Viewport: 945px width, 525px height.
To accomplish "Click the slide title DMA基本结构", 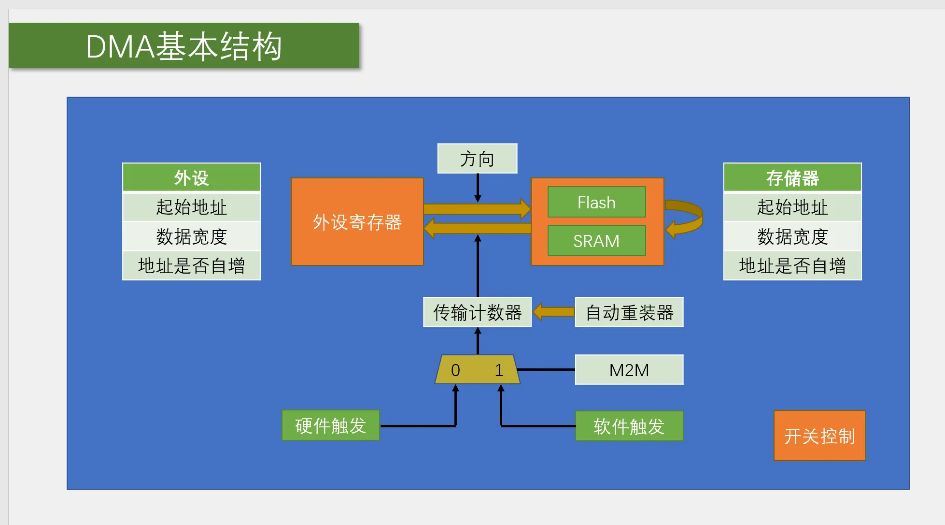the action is (x=183, y=46).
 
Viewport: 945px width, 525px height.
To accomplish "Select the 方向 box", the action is (x=477, y=159).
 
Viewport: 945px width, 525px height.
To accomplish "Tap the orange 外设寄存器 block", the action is (x=357, y=222).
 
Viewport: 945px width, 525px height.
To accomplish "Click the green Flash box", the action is (x=596, y=202).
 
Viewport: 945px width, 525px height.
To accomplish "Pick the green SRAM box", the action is (x=596, y=241).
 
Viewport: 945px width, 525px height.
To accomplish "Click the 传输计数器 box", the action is (x=477, y=312).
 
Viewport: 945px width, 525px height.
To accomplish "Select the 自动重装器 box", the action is (x=629, y=312).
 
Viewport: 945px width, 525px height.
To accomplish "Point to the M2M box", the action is (x=629, y=370).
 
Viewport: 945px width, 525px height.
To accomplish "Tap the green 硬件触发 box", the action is (x=331, y=425).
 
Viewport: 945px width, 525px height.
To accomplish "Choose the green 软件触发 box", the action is (x=629, y=426).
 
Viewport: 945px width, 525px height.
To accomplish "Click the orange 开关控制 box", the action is (x=819, y=436).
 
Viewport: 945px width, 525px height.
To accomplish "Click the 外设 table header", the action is (x=191, y=177).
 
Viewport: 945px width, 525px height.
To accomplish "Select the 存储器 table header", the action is (x=792, y=177).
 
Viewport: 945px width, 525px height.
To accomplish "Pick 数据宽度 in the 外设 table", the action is (x=191, y=236).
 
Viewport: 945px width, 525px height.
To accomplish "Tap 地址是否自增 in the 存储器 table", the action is (x=792, y=266).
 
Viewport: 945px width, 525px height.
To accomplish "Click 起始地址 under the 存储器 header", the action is (x=792, y=207).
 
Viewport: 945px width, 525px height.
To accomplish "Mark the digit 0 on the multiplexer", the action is (x=455, y=370).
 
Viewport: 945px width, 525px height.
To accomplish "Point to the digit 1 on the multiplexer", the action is (x=499, y=370).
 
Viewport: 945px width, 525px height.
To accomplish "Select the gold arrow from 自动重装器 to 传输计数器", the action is (x=553, y=312).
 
